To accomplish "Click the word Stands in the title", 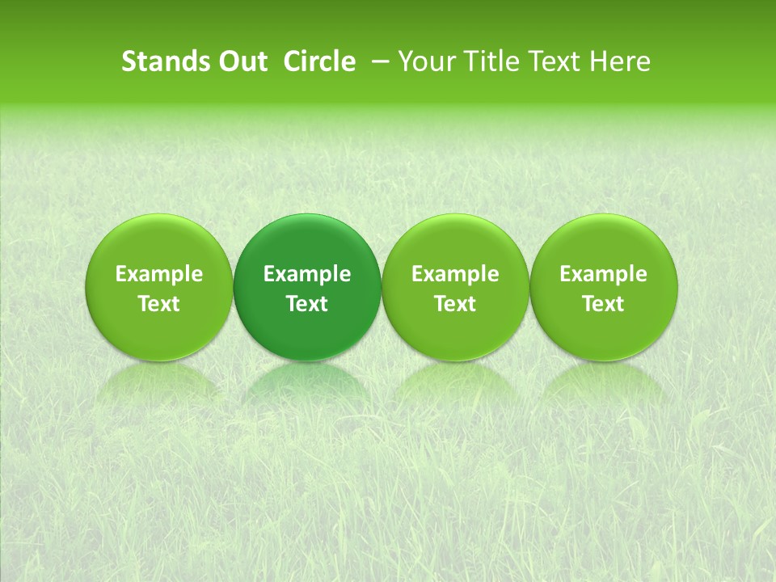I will click(x=163, y=61).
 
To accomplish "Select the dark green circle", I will click(x=307, y=242).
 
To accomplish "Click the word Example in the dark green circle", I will click(x=307, y=274).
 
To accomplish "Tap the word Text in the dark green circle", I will click(x=307, y=304).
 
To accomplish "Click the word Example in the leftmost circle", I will click(x=159, y=274).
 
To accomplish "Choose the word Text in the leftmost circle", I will click(x=159, y=304).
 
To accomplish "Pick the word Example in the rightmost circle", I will click(x=603, y=274).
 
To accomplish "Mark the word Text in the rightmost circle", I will click(x=603, y=304).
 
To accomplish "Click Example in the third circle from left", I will click(x=455, y=274).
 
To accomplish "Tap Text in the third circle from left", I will click(x=455, y=304).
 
